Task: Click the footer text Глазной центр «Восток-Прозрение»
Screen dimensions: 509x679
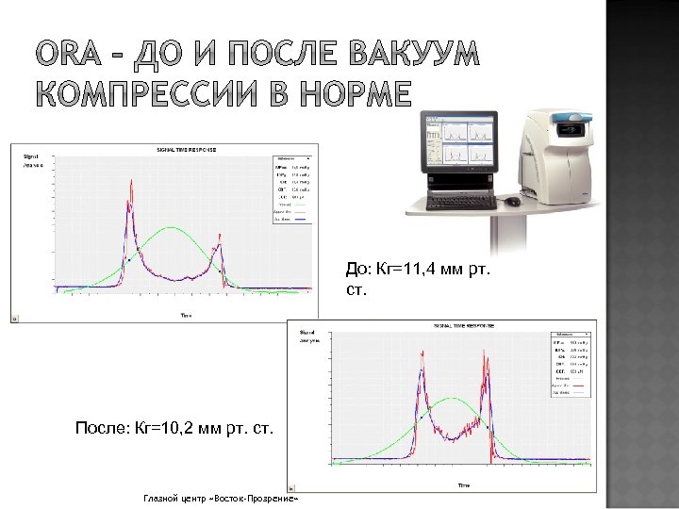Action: pos(221,497)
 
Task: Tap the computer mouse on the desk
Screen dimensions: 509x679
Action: pos(512,201)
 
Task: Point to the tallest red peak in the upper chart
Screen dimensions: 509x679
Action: pos(129,183)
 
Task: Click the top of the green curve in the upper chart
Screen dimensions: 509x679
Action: pos(171,226)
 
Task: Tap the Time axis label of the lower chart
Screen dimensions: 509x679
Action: pos(463,484)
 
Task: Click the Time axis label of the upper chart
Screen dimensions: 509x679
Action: pos(187,315)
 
